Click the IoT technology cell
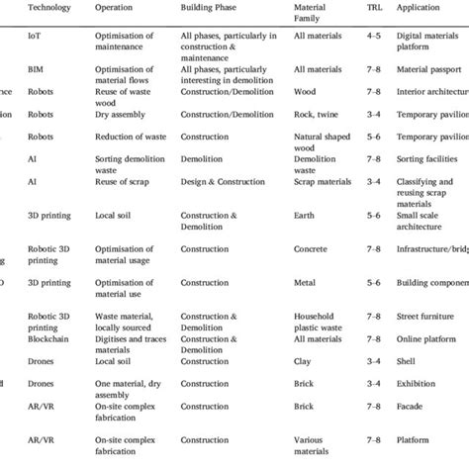click(x=35, y=37)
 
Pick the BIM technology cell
click(x=37, y=70)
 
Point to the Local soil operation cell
click(x=118, y=214)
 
